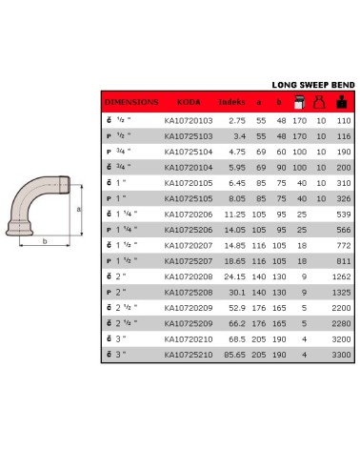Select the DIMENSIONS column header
(x=131, y=100)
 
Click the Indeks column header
(x=232, y=100)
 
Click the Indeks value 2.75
(x=238, y=121)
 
